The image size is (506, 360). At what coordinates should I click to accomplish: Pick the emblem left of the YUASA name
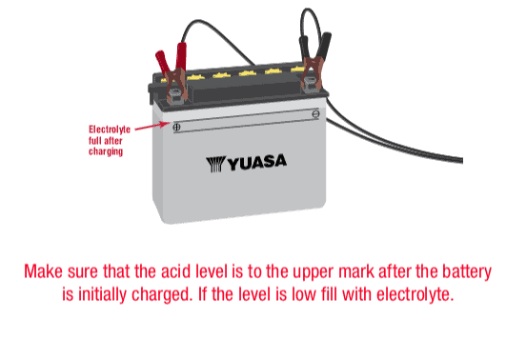pyautogui.click(x=213, y=164)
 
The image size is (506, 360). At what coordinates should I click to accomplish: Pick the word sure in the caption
pyautogui.click(x=85, y=271)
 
